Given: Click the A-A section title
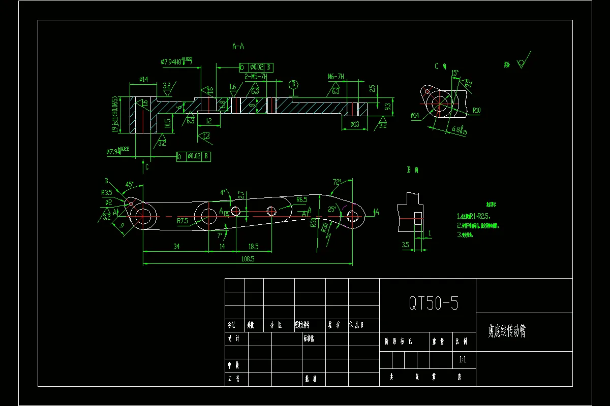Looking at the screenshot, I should pos(238,46).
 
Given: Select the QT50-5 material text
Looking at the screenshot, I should pos(434,303).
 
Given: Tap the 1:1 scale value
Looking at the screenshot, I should pos(463,360).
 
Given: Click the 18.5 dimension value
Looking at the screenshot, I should pos(253,246).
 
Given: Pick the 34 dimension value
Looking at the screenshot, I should pos(176,246).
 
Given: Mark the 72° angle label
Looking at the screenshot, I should pos(337,181).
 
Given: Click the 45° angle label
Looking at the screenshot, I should pos(130,185).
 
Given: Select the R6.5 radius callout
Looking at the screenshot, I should pos(301,200).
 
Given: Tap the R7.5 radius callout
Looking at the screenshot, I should pos(182,221).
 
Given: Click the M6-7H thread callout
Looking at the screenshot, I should pos(336,77).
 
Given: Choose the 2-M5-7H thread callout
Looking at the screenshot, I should pos(256,77).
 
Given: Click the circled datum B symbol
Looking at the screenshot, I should pos(293,84).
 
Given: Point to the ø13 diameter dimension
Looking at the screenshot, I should pos(355,124).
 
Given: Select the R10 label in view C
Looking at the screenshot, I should pos(476,110).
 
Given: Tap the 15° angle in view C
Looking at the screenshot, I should pos(455,73).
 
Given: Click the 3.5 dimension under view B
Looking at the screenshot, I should pos(405,245).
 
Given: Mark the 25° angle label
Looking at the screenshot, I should pos(332,209).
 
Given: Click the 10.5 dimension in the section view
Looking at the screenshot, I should pos(167,123).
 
